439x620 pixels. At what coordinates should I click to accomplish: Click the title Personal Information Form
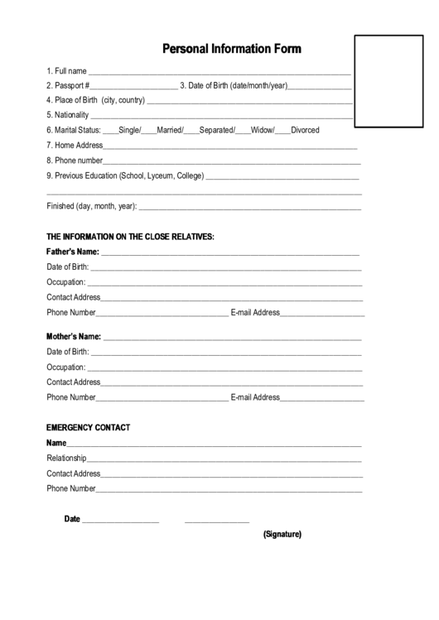tap(231, 49)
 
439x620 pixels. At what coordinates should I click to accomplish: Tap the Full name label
tap(67, 70)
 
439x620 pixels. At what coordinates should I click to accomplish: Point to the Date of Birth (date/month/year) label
tap(234, 85)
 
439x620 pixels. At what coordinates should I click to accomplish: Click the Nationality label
tap(67, 115)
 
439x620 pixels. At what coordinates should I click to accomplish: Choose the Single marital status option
tap(129, 130)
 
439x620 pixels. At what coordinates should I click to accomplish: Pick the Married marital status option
tap(170, 130)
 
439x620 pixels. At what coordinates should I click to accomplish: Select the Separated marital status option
tap(216, 130)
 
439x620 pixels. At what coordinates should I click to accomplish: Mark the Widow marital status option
tap(262, 130)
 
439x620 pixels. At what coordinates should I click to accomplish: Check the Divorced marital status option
tap(305, 130)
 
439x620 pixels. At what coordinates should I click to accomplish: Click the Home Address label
tap(75, 145)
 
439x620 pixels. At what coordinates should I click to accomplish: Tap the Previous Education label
tap(125, 175)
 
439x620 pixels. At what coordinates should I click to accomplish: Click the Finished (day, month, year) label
tap(91, 206)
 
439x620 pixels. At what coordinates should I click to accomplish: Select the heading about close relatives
tap(130, 237)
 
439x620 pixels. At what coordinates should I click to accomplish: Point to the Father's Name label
tap(73, 252)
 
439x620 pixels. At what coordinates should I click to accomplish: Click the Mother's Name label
tap(74, 337)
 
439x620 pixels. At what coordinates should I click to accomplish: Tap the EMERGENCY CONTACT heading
tap(88, 428)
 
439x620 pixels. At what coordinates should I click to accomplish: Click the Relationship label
tap(66, 459)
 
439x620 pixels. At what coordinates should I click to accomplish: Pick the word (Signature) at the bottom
tap(282, 534)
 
